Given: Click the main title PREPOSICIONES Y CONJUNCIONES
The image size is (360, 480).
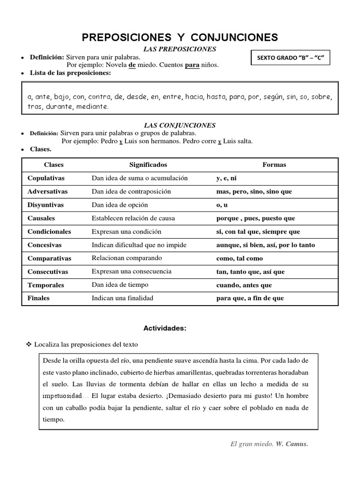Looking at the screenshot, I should pos(180,37).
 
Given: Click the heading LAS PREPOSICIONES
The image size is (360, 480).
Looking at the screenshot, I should pos(180,49).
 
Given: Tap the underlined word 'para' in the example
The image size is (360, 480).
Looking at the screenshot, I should pos(192,65).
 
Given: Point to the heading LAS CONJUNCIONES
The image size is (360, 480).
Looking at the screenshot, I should pos(180,125).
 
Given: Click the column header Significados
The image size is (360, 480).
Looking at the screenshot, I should pos(148,165).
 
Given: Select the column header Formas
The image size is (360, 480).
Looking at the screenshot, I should pos(274,165).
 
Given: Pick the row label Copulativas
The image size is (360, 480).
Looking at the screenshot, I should pos(46,178).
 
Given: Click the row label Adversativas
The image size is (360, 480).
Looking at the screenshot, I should pos(47,192).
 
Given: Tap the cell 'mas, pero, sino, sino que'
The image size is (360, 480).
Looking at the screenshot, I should pos(254,192).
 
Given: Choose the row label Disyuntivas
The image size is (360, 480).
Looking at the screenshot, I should pos(45,205).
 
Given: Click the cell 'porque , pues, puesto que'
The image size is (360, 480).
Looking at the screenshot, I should pos(255,218).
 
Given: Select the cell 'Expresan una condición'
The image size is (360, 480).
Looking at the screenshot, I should pos(127,232).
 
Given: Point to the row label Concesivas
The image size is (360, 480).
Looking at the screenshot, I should pos(45,245).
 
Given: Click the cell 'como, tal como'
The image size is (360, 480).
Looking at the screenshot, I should pos(240,258).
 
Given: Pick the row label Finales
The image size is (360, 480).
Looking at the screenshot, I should pos(38,298).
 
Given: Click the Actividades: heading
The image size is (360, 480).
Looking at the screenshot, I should pos(165,329).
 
